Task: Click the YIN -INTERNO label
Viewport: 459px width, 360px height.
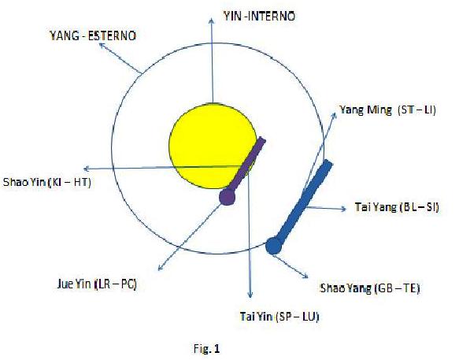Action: [259, 16]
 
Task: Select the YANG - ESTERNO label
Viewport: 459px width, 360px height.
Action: [93, 35]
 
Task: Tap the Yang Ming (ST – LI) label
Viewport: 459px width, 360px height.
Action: [387, 110]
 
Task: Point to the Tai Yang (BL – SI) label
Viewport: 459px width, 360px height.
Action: [397, 207]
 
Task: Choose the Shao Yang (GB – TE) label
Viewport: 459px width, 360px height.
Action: [370, 288]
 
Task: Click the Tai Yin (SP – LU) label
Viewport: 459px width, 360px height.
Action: [279, 317]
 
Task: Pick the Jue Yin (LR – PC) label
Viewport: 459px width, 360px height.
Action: [97, 284]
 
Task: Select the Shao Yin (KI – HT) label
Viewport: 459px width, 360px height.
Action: [46, 182]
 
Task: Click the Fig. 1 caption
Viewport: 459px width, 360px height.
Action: [206, 348]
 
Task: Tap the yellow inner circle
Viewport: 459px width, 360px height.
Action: [213, 146]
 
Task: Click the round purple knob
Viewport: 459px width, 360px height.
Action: [228, 197]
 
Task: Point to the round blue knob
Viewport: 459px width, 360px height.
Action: [274, 246]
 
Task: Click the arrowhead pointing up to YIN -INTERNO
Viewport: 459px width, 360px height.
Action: [211, 20]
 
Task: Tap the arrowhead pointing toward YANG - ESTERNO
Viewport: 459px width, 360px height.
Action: [102, 45]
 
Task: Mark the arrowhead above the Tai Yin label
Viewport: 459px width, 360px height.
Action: [250, 295]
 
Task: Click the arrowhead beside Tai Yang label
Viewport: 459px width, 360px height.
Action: [344, 209]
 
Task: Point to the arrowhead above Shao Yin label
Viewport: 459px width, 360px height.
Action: [87, 169]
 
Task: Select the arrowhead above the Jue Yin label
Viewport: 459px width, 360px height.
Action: [160, 267]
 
